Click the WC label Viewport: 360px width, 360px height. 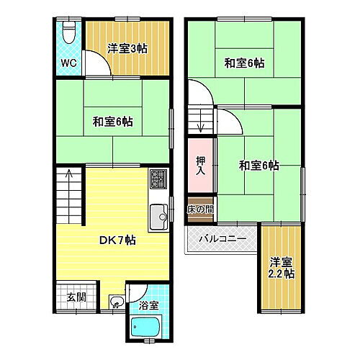click(x=68, y=63)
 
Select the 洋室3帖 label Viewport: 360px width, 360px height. click(x=128, y=48)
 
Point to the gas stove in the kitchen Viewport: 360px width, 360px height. click(x=158, y=177)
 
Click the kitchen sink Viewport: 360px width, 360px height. click(x=158, y=214)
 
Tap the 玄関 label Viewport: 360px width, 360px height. click(x=76, y=297)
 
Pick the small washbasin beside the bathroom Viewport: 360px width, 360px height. click(x=116, y=303)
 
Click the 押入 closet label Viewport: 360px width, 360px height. click(x=201, y=166)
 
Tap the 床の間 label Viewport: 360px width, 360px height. click(x=201, y=210)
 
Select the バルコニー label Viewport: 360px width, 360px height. click(x=222, y=238)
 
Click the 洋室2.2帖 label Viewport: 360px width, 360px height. click(x=282, y=268)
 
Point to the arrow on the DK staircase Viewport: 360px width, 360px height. click(x=69, y=175)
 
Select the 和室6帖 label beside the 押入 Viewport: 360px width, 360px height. click(x=258, y=166)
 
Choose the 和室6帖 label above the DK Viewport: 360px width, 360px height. click(x=112, y=121)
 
